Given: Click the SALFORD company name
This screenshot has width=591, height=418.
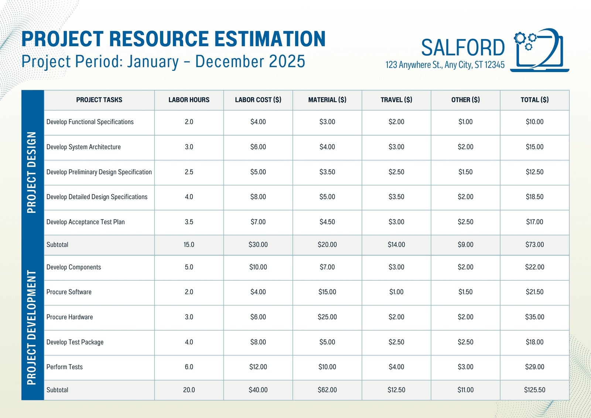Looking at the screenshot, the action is tap(463, 48).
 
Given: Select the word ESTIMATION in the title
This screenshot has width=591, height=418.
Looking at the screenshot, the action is tap(270, 39).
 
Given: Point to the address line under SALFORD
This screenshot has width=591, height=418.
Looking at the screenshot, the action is tap(445, 65).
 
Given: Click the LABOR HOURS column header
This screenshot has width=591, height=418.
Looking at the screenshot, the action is tap(189, 100).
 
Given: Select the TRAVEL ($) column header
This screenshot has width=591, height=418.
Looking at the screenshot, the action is tap(396, 100).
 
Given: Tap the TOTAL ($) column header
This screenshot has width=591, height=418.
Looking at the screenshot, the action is tap(534, 100).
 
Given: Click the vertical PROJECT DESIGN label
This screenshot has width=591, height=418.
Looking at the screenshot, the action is tap(32, 173).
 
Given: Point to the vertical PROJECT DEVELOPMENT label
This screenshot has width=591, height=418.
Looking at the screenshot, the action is tap(32, 327).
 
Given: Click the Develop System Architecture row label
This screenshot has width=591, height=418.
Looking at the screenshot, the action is tap(83, 147).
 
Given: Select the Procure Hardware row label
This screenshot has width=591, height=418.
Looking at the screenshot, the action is tap(70, 317).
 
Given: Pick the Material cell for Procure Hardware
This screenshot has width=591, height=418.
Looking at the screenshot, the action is tap(327, 317).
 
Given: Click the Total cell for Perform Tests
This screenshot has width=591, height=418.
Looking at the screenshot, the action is tap(534, 367).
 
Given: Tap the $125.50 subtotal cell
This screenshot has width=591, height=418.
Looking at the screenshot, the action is tap(534, 390).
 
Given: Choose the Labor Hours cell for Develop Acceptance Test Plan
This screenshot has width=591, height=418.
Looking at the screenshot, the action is tap(189, 222).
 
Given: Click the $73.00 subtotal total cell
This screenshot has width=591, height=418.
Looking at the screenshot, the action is tap(534, 245).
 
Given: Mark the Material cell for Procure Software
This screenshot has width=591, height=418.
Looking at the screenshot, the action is tap(327, 292).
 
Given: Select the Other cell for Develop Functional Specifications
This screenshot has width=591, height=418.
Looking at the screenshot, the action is tap(465, 122).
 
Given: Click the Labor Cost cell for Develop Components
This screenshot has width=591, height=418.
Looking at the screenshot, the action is tap(258, 267).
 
